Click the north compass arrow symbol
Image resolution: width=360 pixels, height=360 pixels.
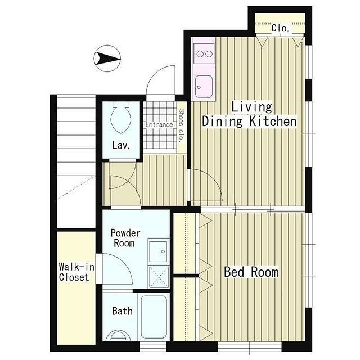107,58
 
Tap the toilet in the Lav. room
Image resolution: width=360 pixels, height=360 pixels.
121,117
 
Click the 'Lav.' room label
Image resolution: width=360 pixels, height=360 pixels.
121,145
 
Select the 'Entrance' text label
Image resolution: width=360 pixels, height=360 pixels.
159,125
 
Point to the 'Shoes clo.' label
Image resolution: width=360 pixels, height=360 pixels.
181,125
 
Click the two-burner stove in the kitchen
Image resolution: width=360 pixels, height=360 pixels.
204,54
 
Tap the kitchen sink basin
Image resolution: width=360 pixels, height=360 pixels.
204,87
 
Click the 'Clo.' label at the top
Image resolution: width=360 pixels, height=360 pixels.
280,28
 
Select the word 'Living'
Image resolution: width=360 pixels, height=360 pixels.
251,107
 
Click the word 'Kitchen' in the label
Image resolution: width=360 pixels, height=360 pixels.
273,121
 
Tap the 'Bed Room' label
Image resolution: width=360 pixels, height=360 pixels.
251,272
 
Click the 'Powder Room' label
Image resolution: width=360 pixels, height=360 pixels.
125,238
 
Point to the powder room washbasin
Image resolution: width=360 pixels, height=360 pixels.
158,251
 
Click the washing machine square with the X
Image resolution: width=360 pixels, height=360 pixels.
159,277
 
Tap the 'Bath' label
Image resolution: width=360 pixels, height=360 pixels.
122,311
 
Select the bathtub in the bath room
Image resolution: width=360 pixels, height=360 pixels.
154,317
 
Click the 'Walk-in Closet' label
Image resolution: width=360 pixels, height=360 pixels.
76,272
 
